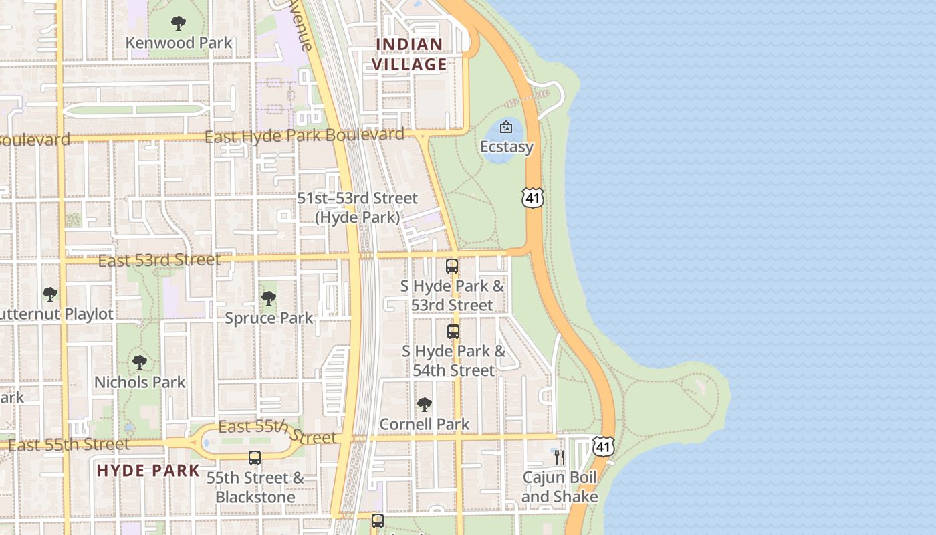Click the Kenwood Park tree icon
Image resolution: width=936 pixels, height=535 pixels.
[x=179, y=23]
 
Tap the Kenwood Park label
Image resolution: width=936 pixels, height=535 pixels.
[x=179, y=43]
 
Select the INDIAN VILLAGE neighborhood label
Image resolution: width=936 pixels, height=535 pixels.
[x=409, y=54]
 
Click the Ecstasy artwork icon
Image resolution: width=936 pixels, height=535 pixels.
[x=506, y=126]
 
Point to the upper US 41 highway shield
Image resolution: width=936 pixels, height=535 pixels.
[x=533, y=197]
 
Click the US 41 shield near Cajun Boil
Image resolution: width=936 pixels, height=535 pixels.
[x=603, y=446]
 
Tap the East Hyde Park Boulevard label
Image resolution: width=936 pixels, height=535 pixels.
[x=304, y=136]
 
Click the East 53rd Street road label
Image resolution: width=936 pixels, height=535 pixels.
[x=159, y=260]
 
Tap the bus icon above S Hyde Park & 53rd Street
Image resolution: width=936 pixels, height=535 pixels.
[x=452, y=266]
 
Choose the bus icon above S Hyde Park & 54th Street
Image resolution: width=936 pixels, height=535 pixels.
[x=453, y=331]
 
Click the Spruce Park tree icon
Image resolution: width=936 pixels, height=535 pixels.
[x=269, y=298]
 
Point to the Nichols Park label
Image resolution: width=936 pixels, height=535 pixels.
[x=140, y=382]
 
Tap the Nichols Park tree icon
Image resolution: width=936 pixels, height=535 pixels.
[x=140, y=362]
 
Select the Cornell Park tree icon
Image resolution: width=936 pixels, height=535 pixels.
[x=425, y=405]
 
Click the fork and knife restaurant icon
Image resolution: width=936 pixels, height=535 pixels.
[x=559, y=457]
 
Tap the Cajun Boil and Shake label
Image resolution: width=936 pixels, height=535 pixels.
[x=560, y=487]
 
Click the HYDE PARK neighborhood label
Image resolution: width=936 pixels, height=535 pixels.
[x=148, y=470]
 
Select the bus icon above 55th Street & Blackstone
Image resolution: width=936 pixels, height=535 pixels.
[x=255, y=458]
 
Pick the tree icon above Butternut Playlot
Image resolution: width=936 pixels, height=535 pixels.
[x=50, y=294]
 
